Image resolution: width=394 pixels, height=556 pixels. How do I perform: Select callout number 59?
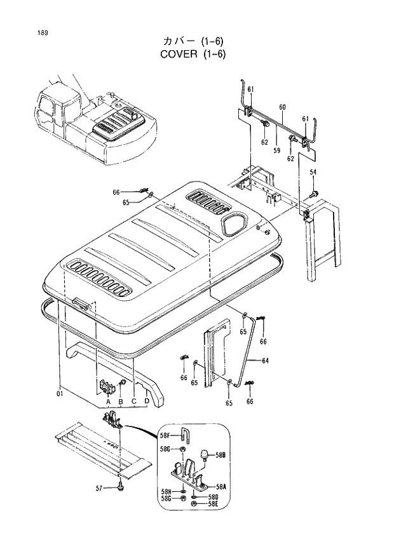277,150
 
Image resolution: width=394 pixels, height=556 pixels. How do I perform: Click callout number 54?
313,173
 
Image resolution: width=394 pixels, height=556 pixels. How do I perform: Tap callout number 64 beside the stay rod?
265,361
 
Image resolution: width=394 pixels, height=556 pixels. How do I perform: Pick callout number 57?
99,487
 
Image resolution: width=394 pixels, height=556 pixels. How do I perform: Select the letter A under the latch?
108,402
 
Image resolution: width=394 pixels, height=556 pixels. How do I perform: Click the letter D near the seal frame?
147,401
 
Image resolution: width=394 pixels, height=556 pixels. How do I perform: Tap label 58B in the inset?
220,455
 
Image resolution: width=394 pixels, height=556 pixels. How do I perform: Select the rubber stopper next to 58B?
205,454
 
